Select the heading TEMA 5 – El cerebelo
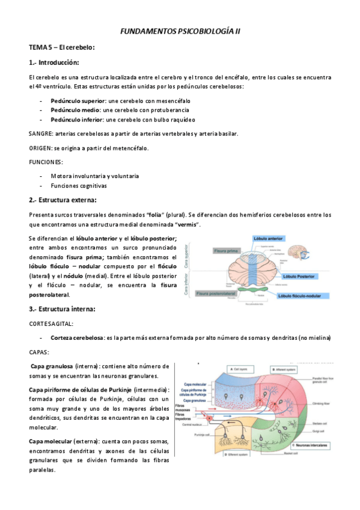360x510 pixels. (62, 47)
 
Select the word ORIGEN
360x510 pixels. (40, 148)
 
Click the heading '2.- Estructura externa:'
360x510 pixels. (63, 200)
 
